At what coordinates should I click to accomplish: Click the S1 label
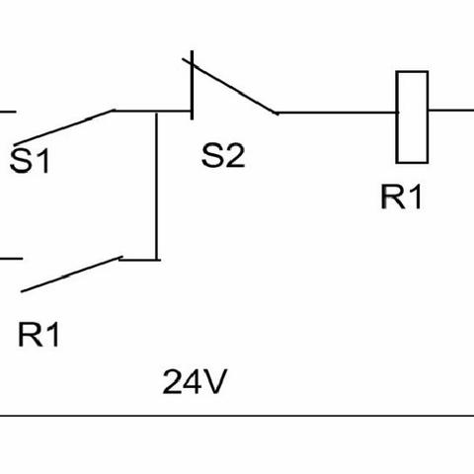tap(30, 160)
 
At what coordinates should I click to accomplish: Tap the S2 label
tap(223, 155)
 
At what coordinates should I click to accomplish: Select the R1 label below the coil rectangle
tap(401, 197)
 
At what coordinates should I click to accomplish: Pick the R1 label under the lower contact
tap(39, 334)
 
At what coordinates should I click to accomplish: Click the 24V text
tap(195, 381)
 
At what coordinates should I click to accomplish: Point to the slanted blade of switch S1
tap(64, 127)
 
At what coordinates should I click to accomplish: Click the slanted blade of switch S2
tap(230, 86)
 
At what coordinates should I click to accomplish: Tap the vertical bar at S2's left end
tap(192, 85)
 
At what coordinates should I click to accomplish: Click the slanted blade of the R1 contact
tap(72, 275)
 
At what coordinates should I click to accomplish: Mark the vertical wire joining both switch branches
tap(157, 186)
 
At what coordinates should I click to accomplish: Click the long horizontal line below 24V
tap(237, 416)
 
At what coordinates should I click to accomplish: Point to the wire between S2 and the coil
tap(337, 113)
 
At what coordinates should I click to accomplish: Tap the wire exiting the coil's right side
tap(451, 110)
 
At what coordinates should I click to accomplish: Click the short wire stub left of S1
tap(8, 112)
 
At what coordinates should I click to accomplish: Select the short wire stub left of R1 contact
tap(11, 259)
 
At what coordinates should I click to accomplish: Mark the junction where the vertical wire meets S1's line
tap(157, 112)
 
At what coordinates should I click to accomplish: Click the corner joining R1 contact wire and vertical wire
tap(157, 260)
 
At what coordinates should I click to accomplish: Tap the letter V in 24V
tap(215, 382)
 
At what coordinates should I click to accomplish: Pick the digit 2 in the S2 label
tap(235, 155)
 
